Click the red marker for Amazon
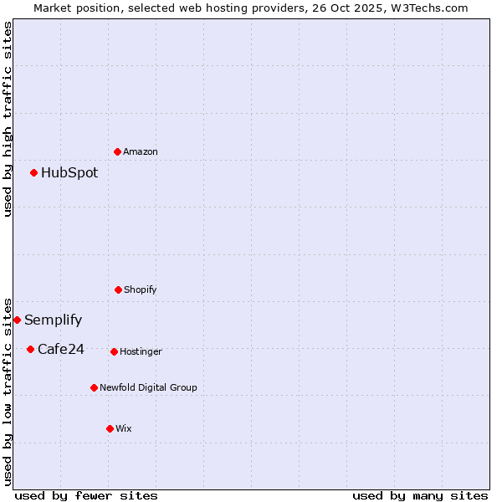click(118, 151)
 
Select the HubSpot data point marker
click(34, 173)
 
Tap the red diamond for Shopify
click(118, 289)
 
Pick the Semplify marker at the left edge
click(17, 320)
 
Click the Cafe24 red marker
click(30, 349)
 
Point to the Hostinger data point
click(114, 351)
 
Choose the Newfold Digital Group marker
click(94, 387)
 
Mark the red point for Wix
click(110, 428)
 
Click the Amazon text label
click(141, 152)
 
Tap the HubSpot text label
click(69, 173)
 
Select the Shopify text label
click(141, 290)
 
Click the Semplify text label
click(54, 320)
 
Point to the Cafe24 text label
click(61, 350)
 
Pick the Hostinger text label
click(141, 352)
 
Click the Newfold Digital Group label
click(148, 388)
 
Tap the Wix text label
click(124, 429)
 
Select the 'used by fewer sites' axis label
click(86, 496)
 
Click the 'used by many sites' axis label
click(420, 496)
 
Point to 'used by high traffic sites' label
click(8, 119)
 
